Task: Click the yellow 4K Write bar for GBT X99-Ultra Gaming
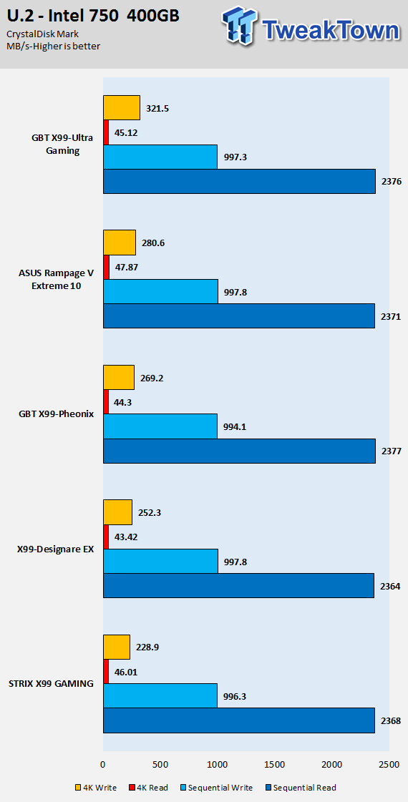122,107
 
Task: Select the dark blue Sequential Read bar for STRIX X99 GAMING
239,720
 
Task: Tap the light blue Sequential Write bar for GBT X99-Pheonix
160,426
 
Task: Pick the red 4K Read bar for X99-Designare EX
106,537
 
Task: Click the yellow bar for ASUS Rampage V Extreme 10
120,243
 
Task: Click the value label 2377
390,451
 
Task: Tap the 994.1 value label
235,427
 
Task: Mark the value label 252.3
150,512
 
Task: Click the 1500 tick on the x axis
275,764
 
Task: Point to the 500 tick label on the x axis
160,764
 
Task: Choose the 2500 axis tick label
389,764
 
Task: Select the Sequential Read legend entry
300,787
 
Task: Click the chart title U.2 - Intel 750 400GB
93,16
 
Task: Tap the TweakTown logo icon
240,24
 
